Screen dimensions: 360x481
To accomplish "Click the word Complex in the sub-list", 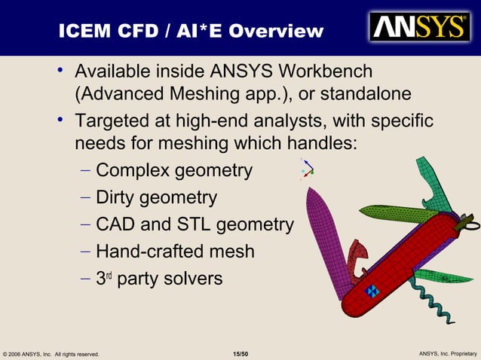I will click(x=133, y=171).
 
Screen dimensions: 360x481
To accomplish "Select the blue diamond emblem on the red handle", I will click(x=372, y=291).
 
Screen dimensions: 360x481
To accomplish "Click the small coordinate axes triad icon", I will click(x=307, y=170).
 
